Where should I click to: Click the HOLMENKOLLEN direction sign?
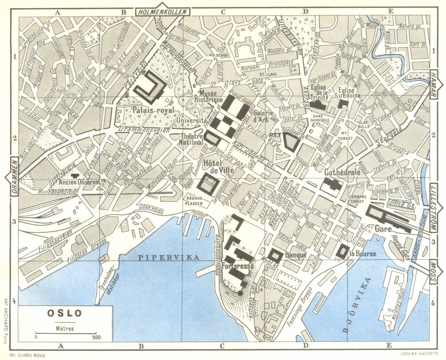(x=162, y=12)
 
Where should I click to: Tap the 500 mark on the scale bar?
(x=96, y=337)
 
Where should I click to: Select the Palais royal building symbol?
(x=151, y=86)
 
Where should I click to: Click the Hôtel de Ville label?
(x=216, y=166)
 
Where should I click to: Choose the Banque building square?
(x=275, y=255)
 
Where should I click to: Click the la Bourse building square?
(x=343, y=251)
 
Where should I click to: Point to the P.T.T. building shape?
(x=291, y=141)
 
